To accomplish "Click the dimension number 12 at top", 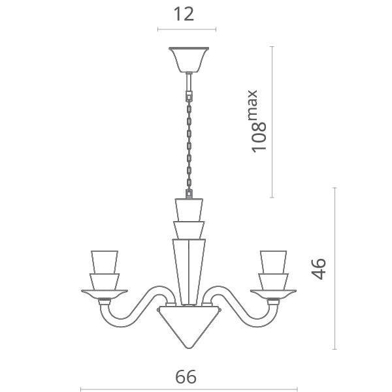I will [186, 14].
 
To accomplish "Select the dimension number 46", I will [318, 268].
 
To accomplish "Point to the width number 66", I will [186, 376].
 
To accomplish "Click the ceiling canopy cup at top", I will [188, 59].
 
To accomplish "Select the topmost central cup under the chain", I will [188, 210].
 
